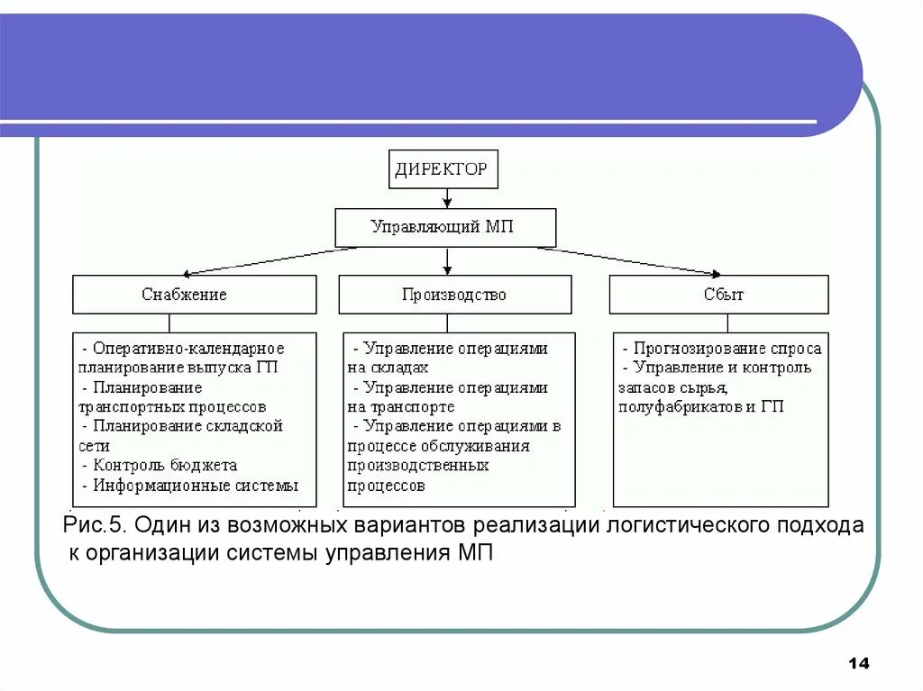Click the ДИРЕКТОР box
443,169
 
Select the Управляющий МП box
445,227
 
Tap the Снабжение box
194,295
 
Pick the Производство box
454,295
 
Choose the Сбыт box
718,295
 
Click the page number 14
858,664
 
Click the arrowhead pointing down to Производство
447,269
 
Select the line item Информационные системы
196,486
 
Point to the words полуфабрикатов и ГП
700,406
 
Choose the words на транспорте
400,406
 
